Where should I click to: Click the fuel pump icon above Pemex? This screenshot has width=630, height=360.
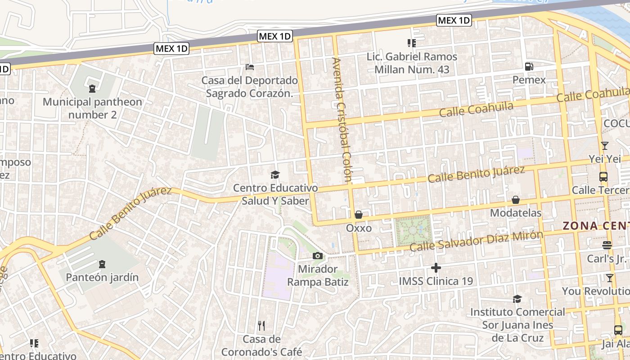pyautogui.click(x=529, y=67)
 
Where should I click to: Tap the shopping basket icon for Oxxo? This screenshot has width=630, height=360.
pyautogui.click(x=359, y=215)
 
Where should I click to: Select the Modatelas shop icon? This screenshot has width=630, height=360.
pyautogui.click(x=516, y=199)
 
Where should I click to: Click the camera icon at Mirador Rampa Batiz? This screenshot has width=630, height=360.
pyautogui.click(x=318, y=256)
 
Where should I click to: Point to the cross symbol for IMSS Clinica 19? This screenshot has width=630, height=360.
pyautogui.click(x=436, y=268)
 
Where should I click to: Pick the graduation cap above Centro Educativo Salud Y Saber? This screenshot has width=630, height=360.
pyautogui.click(x=275, y=175)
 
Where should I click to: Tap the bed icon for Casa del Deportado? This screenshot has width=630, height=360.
pyautogui.click(x=250, y=67)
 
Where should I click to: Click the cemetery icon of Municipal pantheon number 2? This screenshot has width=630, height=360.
pyautogui.click(x=92, y=89)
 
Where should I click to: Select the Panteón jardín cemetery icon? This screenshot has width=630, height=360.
pyautogui.click(x=102, y=264)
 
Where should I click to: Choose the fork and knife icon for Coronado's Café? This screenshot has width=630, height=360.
pyautogui.click(x=261, y=325)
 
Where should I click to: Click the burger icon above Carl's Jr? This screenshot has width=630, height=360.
pyautogui.click(x=607, y=245)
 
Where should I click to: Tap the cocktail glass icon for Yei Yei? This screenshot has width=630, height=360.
pyautogui.click(x=604, y=146)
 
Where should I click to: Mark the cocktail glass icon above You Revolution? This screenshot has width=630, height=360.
pyautogui.click(x=610, y=278)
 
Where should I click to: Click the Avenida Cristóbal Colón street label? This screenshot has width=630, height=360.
pyautogui.click(x=341, y=119)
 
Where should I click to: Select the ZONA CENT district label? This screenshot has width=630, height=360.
pyautogui.click(x=596, y=226)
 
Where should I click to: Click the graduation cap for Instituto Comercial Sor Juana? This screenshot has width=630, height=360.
pyautogui.click(x=517, y=299)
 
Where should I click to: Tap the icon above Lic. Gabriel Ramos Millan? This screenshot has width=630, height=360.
pyautogui.click(x=411, y=43)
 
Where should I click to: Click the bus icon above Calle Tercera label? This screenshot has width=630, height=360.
pyautogui.click(x=603, y=177)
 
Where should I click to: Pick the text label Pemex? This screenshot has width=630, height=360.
pyautogui.click(x=529, y=80)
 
